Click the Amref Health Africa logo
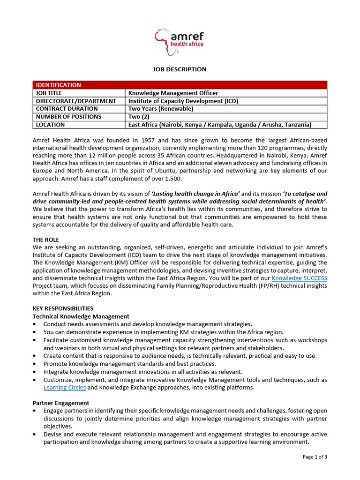tap(180, 40)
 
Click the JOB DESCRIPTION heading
tap(180, 69)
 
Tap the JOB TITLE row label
tap(49, 93)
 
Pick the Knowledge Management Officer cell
tap(173, 93)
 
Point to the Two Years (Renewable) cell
tap(161, 109)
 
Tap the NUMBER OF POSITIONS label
tap(68, 117)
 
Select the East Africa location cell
tap(220, 125)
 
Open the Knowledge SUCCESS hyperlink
tap(300, 278)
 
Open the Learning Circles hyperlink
tap(65, 388)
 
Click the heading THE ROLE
tap(46, 240)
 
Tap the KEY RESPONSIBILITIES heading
tap(63, 308)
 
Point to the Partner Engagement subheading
tap(61, 403)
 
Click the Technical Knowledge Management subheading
tap(81, 316)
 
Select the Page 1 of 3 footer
tap(315, 457)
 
